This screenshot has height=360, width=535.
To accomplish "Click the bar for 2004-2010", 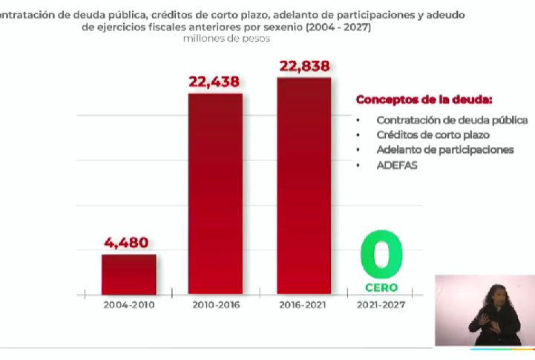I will tap(128, 275).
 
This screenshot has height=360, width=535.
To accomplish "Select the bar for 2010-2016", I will tap(215, 194).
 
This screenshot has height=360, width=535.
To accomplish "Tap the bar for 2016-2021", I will tap(304, 186).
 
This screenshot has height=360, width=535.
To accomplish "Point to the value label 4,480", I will tap(127, 243).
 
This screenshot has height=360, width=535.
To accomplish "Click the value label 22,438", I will tap(214, 82).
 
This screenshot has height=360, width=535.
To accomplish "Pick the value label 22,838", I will tap(304, 66).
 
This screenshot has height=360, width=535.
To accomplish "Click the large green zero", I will tap(381, 255).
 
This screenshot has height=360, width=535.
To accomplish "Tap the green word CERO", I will tap(381, 287).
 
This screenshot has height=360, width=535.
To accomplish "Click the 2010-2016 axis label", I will tap(216, 305).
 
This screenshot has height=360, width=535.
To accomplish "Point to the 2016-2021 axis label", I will tap(303, 305).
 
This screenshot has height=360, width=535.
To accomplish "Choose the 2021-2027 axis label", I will tap(381, 305).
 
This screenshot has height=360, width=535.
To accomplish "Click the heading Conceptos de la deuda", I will tap(424, 99).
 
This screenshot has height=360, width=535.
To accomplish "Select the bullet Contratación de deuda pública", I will tap(452, 120).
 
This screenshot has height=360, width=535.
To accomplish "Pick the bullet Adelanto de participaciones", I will tap(445, 150).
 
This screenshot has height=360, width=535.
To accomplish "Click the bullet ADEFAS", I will tap(397, 166).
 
